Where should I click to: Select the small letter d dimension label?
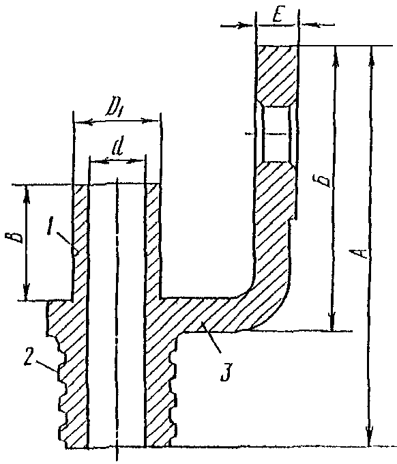[118, 148]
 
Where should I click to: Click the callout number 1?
[51, 227]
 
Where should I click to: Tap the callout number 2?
[29, 358]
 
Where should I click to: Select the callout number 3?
[226, 374]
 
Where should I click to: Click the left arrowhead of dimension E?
[248, 25]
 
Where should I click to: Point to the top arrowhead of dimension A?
[372, 55]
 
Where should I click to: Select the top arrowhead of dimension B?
[27, 194]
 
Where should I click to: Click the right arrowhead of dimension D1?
[151, 121]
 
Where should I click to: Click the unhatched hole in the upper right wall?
[276, 134]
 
